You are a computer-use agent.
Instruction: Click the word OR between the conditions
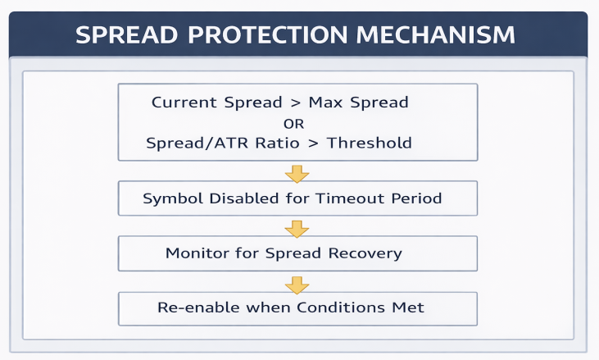[293, 124]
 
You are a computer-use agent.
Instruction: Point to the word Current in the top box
[185, 103]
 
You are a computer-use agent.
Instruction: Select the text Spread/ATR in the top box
[190, 144]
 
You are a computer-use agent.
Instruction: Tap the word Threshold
[369, 144]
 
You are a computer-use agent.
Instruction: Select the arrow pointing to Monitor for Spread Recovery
[296, 227]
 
